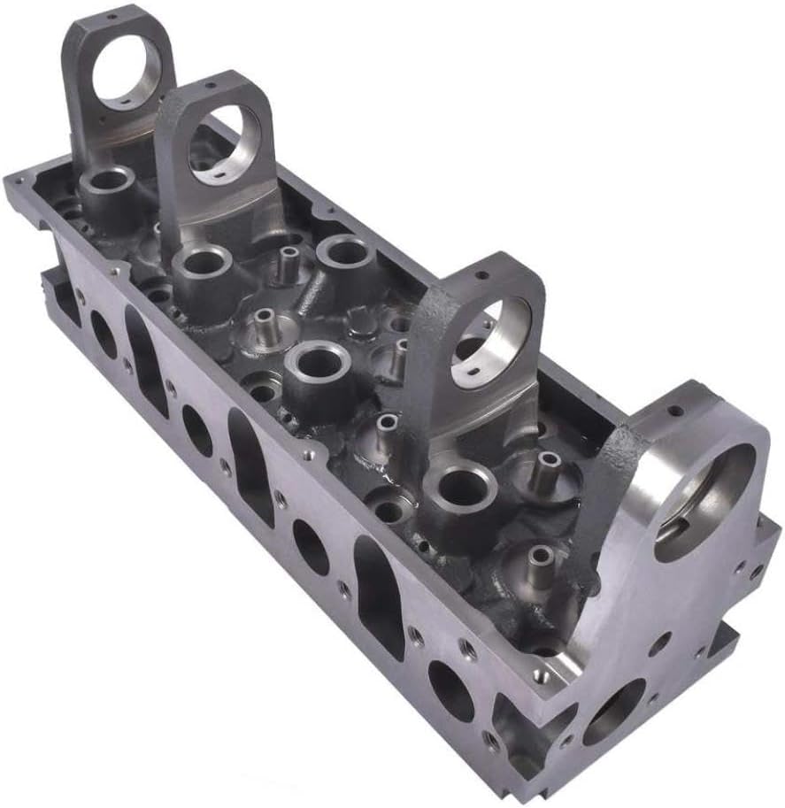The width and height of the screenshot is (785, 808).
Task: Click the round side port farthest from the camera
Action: (102, 335)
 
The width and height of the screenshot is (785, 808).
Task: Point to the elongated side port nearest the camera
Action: (379, 585)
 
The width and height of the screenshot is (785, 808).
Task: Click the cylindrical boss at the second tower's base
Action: (202, 262)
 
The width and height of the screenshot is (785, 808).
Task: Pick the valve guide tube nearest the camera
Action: (539, 558)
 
